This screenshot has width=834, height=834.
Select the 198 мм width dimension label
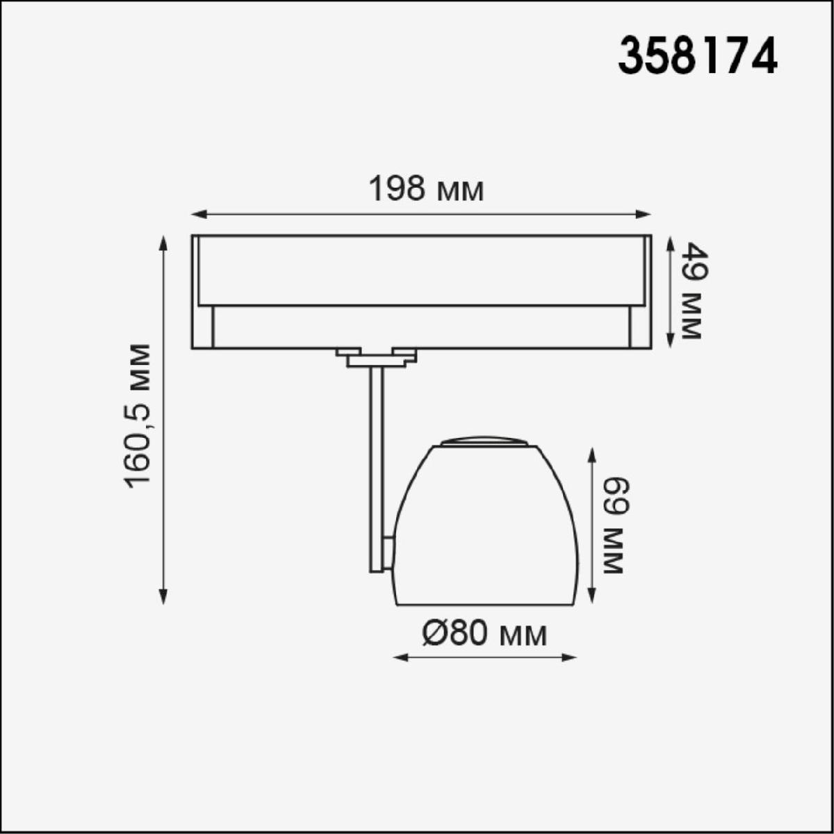pos(426,189)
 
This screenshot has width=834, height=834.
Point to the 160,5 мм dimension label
pos(138,416)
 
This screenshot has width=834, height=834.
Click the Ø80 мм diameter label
pos(484,634)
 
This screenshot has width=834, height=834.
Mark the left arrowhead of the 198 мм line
pos(197,214)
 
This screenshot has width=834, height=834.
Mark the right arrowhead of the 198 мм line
pos(644,214)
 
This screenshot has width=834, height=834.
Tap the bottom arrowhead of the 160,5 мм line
pos(163,596)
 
